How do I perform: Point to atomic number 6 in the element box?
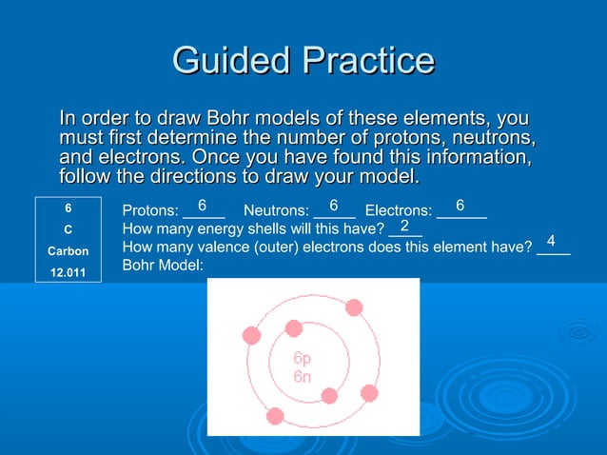click(x=68, y=207)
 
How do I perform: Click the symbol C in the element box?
click(x=68, y=229)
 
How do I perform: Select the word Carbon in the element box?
click(x=68, y=251)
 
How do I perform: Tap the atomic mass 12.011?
click(x=68, y=274)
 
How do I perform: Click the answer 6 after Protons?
click(x=202, y=206)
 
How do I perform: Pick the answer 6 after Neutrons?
click(x=334, y=206)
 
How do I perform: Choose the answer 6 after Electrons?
click(x=460, y=206)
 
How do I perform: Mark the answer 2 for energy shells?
click(x=405, y=226)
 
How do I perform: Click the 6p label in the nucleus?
click(x=302, y=360)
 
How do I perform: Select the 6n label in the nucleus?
click(x=302, y=377)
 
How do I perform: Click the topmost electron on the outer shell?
click(x=354, y=307)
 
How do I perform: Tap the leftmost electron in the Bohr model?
click(x=252, y=335)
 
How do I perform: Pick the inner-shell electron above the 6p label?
click(x=294, y=330)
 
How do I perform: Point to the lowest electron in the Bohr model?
click(x=275, y=415)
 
